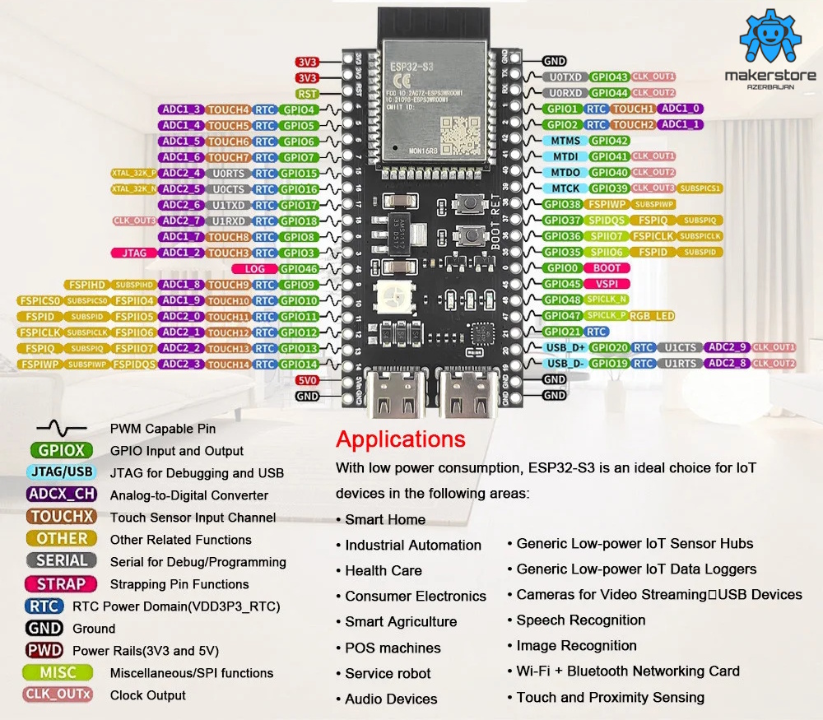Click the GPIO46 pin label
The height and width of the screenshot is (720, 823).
pyautogui.click(x=299, y=269)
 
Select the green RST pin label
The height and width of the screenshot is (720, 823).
pyautogui.click(x=307, y=94)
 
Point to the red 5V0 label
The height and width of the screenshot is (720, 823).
pyautogui.click(x=307, y=379)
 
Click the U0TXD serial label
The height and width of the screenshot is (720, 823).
pyautogui.click(x=565, y=77)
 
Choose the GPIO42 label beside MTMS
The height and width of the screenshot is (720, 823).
pyautogui.click(x=610, y=141)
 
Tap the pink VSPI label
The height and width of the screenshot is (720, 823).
pyautogui.click(x=607, y=284)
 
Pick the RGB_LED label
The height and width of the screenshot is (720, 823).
pyautogui.click(x=653, y=316)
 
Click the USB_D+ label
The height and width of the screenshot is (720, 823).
pyautogui.click(x=565, y=348)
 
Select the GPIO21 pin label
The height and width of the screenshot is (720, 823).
pyautogui.click(x=563, y=332)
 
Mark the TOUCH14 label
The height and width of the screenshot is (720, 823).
pyautogui.click(x=228, y=364)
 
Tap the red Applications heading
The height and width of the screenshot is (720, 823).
pyautogui.click(x=401, y=439)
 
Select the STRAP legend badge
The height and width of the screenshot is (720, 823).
pyautogui.click(x=62, y=584)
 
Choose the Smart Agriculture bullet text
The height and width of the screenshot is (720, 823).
pyautogui.click(x=401, y=622)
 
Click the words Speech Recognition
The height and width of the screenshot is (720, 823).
pyautogui.click(x=581, y=620)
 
